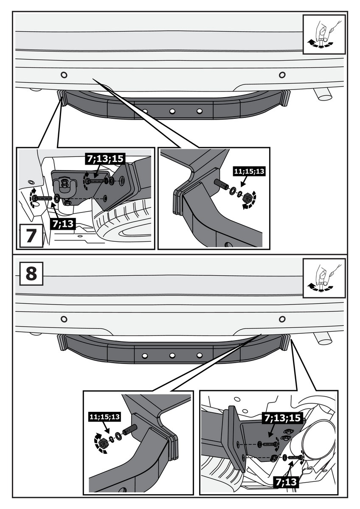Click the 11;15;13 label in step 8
coord(104,417)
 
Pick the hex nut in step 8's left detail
coord(103,443)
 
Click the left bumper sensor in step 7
coord(64,75)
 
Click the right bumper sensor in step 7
coord(282,75)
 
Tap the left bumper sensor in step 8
coord(64,319)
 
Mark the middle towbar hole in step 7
coord(172,111)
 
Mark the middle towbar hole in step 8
coord(172,355)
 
